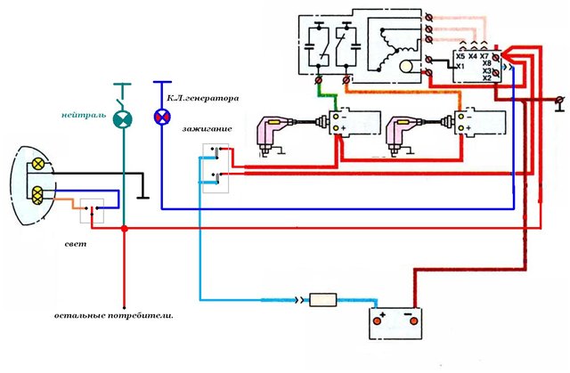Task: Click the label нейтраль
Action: click(84, 115)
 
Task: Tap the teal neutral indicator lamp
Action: click(123, 119)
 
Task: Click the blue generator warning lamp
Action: click(162, 117)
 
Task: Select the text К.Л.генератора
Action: click(203, 98)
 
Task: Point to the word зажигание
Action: click(207, 128)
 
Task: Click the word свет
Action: click(76, 244)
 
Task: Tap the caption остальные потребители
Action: click(114, 316)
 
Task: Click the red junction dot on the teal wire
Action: click(125, 229)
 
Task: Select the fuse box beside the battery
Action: click(322, 300)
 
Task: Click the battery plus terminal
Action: click(378, 321)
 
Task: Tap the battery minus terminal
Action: click(413, 321)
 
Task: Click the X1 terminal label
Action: click(460, 67)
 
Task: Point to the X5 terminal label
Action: click(460, 57)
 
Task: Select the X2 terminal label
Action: click(487, 77)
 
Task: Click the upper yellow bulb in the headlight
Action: click(37, 164)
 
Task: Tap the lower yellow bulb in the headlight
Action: click(37, 195)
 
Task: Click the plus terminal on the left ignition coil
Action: click(336, 128)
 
